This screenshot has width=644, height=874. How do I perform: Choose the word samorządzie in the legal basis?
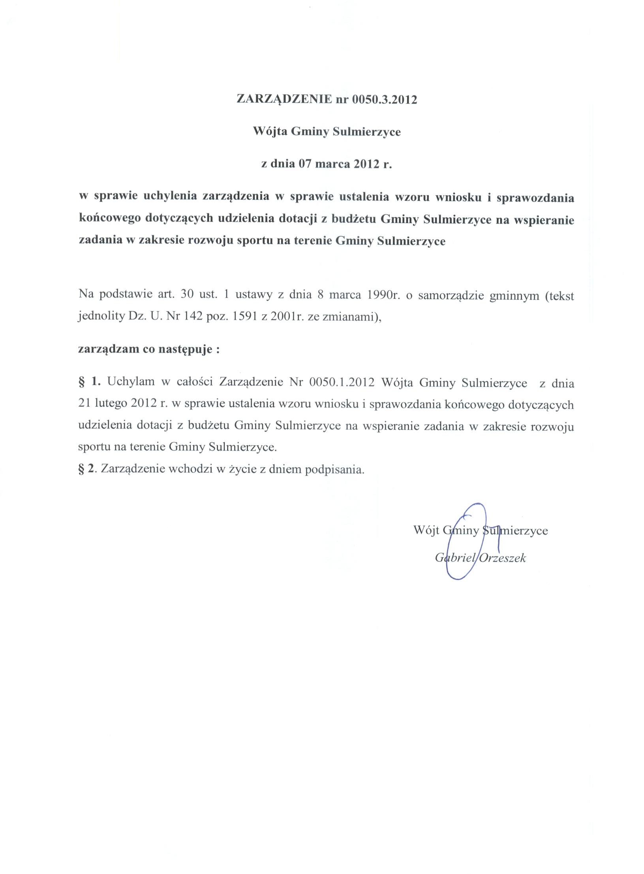(x=451, y=296)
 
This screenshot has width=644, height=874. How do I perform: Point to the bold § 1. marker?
(x=90, y=382)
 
